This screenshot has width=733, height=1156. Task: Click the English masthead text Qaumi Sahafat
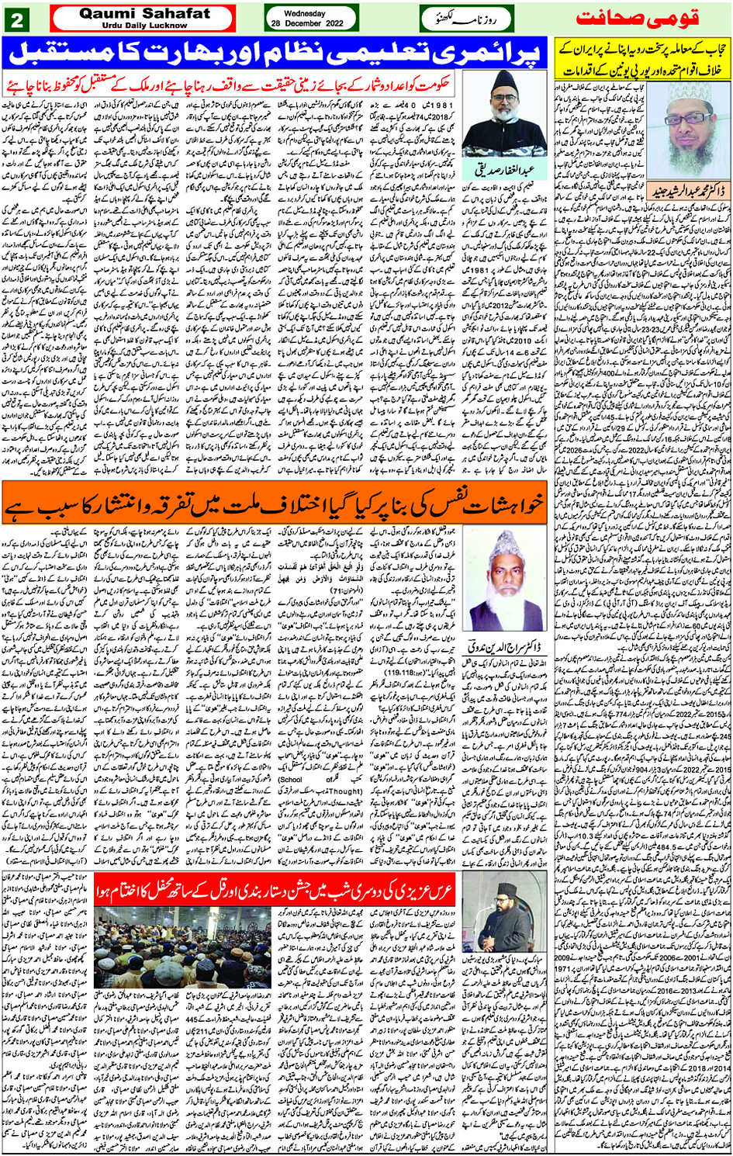pyautogui.click(x=145, y=14)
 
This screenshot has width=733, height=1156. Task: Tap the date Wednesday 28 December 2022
pyautogui.click(x=310, y=18)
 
